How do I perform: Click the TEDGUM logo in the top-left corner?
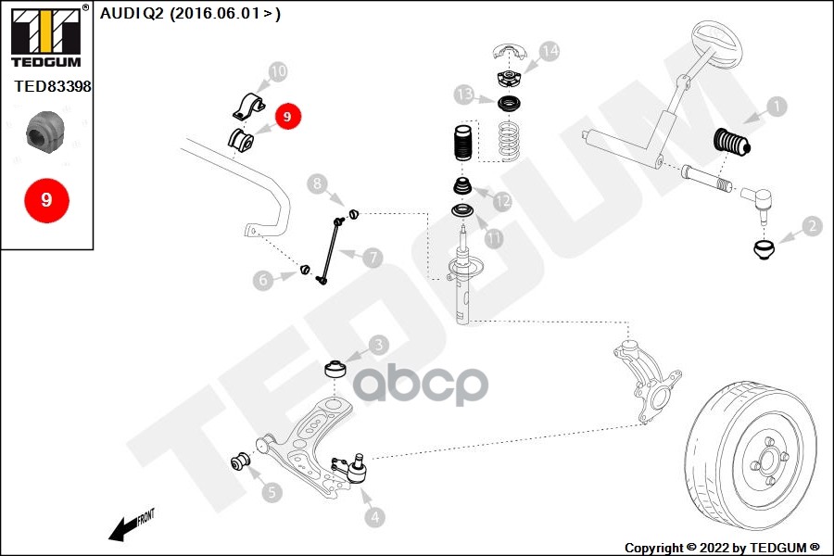point(46,36)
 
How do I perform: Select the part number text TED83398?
point(53,86)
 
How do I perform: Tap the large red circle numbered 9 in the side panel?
point(47,200)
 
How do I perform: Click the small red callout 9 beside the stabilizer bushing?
point(288,117)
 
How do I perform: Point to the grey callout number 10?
point(278,71)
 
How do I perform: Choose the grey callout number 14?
point(550,51)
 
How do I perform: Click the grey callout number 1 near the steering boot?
point(777,107)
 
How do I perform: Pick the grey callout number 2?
point(812,226)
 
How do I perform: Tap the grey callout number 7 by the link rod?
point(373,258)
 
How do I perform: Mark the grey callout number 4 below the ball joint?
point(375,517)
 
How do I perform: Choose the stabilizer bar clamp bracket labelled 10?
point(248,107)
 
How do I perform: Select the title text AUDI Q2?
point(132,13)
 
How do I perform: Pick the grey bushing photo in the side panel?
point(45,130)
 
